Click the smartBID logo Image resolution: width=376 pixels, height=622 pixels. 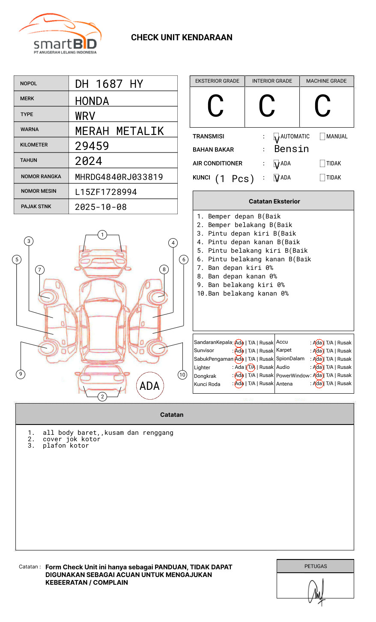tap(60, 34)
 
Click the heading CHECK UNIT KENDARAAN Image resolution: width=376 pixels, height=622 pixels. tap(182, 38)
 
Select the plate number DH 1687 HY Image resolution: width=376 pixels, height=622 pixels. tap(109, 84)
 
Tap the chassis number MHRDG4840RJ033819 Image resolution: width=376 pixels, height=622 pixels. tap(119, 177)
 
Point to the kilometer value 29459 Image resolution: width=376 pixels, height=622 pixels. tap(92, 146)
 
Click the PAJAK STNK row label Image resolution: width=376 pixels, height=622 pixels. tap(36, 206)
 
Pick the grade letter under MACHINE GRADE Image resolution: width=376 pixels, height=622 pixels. tap(322, 106)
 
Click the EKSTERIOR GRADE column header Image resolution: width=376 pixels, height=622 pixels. tap(217, 81)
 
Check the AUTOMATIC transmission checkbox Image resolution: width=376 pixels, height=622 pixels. tap(277, 137)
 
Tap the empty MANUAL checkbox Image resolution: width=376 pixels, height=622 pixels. tap(322, 137)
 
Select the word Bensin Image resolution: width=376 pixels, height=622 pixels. tap(291, 149)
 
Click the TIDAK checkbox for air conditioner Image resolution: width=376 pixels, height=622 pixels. tap(322, 164)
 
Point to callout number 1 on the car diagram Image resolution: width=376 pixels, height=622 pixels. tap(102, 234)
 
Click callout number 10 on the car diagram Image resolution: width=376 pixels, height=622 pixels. tap(182, 375)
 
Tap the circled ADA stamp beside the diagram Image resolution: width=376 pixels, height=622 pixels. tap(149, 386)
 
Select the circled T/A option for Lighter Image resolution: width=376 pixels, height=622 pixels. tap(251, 367)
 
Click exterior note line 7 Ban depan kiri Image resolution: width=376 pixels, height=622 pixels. tap(235, 268)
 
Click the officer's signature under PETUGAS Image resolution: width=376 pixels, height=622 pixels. tap(316, 591)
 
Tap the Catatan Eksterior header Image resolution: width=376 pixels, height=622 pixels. tap(274, 201)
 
